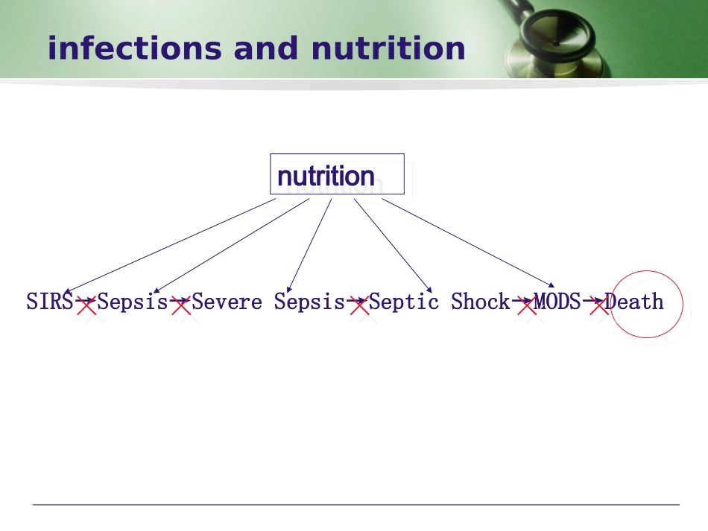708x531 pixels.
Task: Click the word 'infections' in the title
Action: pos(135,48)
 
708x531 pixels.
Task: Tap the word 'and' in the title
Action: pos(266,48)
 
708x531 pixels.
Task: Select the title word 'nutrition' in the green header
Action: pos(388,48)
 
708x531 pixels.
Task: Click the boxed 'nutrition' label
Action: pos(326,176)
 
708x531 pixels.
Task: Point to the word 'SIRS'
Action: pos(49,302)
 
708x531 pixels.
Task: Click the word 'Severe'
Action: pos(227,302)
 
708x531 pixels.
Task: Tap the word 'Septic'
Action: pos(404,302)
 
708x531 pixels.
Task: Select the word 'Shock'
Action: pos(481,302)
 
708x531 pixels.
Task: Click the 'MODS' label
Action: pos(557,302)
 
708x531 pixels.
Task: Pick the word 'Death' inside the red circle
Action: pos(634,302)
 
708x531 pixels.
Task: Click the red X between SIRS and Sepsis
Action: pos(86,305)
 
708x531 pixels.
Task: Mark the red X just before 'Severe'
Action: pos(180,305)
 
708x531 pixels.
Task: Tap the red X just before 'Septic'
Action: pos(359,305)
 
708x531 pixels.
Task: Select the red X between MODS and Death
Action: pos(599,305)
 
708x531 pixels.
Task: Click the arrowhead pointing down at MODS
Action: pos(551,285)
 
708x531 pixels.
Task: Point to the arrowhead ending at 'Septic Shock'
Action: pos(429,290)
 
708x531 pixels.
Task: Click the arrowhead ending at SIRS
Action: pos(67,292)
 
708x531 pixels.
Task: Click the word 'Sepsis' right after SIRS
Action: pos(133,302)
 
